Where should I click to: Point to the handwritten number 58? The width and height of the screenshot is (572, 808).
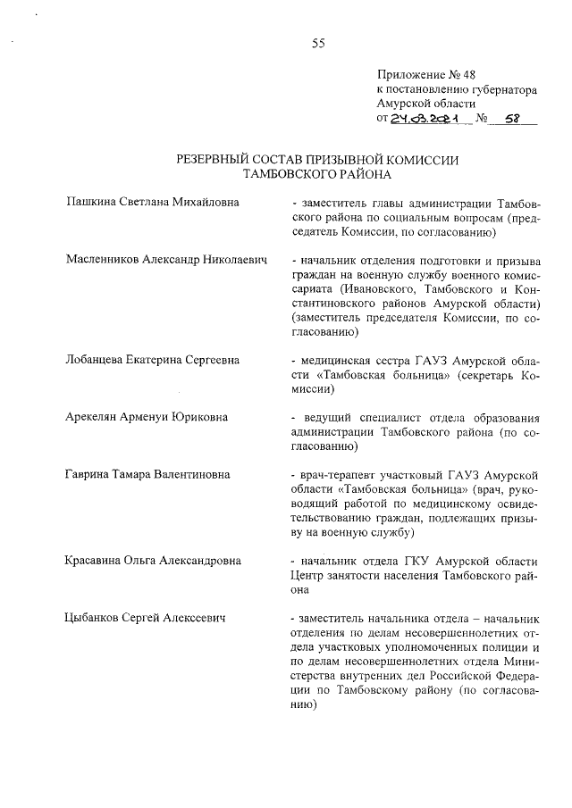[513, 118]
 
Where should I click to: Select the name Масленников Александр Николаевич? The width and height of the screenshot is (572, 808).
[167, 259]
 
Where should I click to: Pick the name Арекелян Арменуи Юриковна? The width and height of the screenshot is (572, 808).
[147, 416]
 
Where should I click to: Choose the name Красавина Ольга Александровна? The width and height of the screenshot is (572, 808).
[154, 560]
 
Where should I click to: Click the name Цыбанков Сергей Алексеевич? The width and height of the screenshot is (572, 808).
[144, 617]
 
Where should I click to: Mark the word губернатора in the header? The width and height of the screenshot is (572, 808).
[500, 90]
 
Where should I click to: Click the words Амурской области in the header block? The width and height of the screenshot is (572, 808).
[423, 104]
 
